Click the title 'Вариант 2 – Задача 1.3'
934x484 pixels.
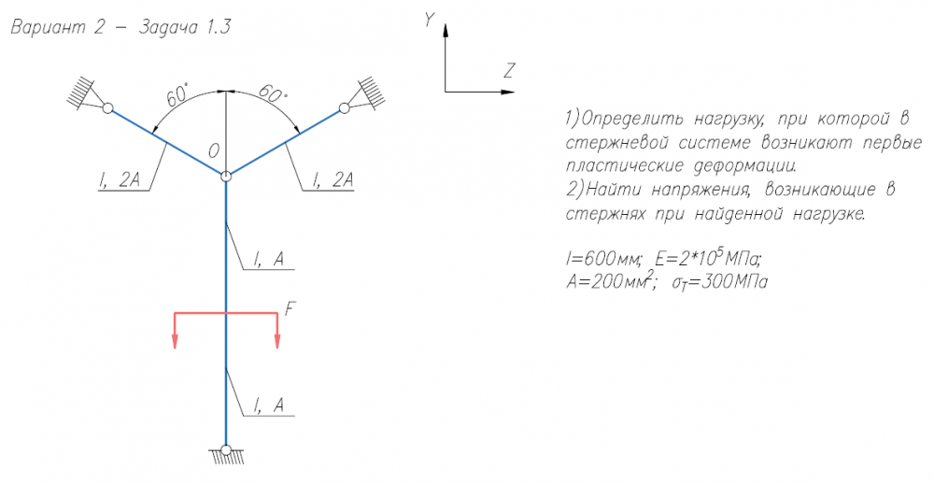120,27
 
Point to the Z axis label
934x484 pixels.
509,70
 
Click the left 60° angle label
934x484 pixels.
177,96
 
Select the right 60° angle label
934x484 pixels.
272,94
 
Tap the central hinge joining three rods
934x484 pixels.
226,175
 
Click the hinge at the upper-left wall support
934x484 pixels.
107,108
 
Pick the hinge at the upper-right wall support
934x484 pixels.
344,108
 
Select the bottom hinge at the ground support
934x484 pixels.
226,450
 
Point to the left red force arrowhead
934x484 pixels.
175,342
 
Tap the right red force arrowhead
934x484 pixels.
277,342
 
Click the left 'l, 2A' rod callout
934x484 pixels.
118,181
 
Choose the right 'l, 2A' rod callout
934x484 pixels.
333,181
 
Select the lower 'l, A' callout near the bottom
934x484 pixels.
269,406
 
